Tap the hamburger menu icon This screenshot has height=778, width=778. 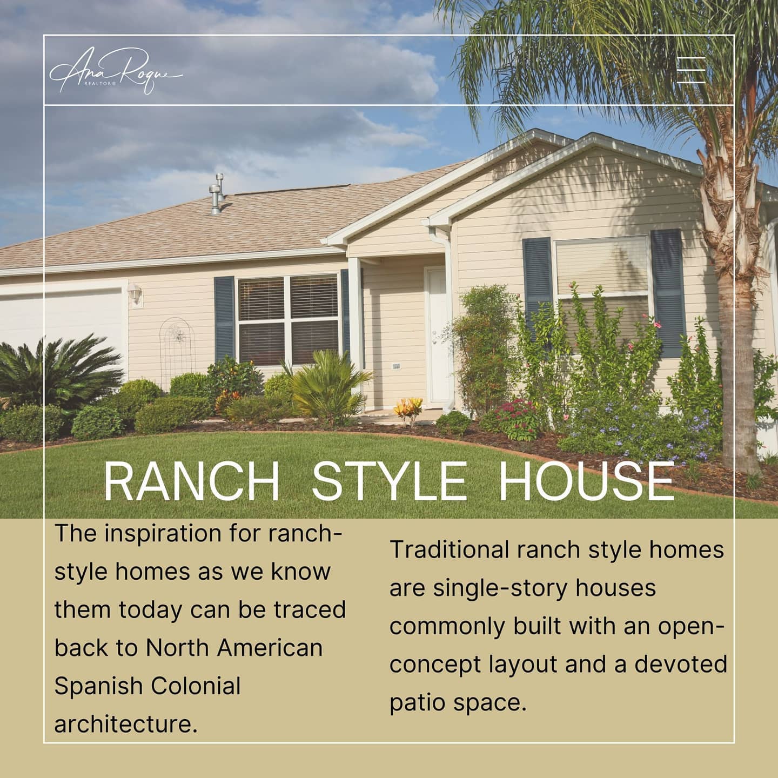point(691,70)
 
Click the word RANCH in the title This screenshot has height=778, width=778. point(191,481)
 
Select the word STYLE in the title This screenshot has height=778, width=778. point(388,481)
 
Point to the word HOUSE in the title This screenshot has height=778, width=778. point(586,481)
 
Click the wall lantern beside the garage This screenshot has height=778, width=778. point(135,294)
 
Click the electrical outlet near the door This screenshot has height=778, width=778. point(396,366)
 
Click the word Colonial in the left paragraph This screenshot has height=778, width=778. point(196,686)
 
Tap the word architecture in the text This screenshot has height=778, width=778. point(125,724)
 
